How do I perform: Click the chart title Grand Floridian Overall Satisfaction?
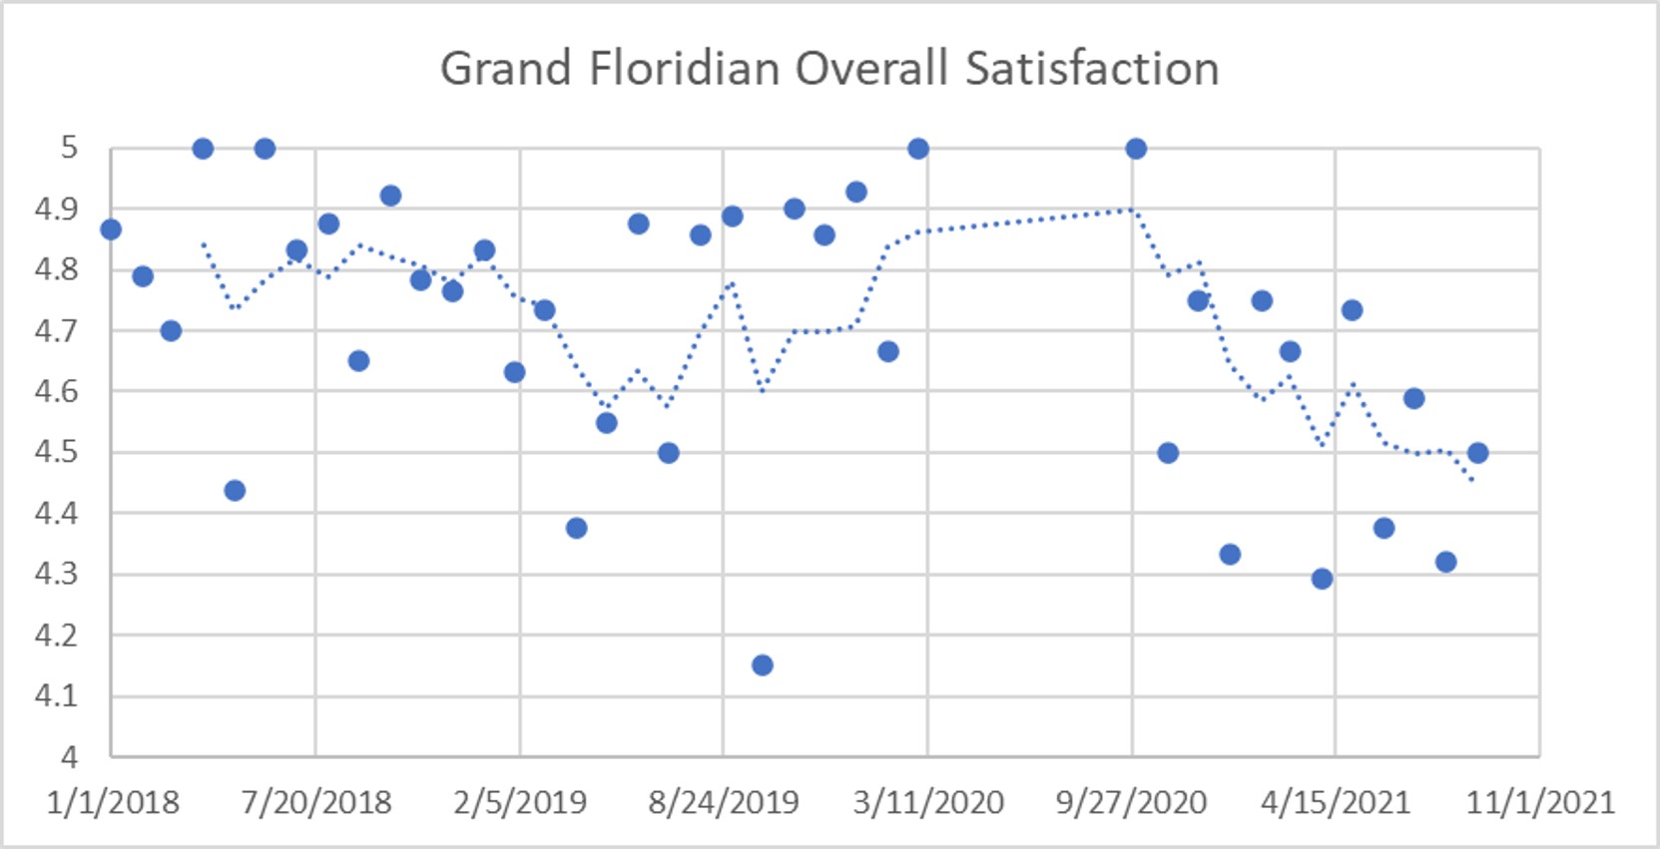pos(830,70)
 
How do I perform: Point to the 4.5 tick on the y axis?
pos(56,452)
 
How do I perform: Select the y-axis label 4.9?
pos(56,209)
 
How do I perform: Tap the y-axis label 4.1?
pos(56,695)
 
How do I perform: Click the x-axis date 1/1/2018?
pos(113,802)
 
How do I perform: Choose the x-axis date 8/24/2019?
pos(724,802)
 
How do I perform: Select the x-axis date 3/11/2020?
pos(928,802)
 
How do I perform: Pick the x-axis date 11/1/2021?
pos(1539,802)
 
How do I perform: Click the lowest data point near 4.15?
pos(763,665)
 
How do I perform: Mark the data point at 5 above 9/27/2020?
pos(1136,149)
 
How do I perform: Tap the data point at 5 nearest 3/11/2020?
pos(918,149)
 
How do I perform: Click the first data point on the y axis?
pos(111,229)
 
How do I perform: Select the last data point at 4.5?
pos(1478,453)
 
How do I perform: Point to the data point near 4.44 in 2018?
pos(235,490)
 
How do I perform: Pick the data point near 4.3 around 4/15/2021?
pos(1322,579)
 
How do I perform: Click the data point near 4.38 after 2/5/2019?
pos(576,528)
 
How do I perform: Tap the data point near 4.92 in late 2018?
pos(390,196)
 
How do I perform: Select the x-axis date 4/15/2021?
pos(1335,802)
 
